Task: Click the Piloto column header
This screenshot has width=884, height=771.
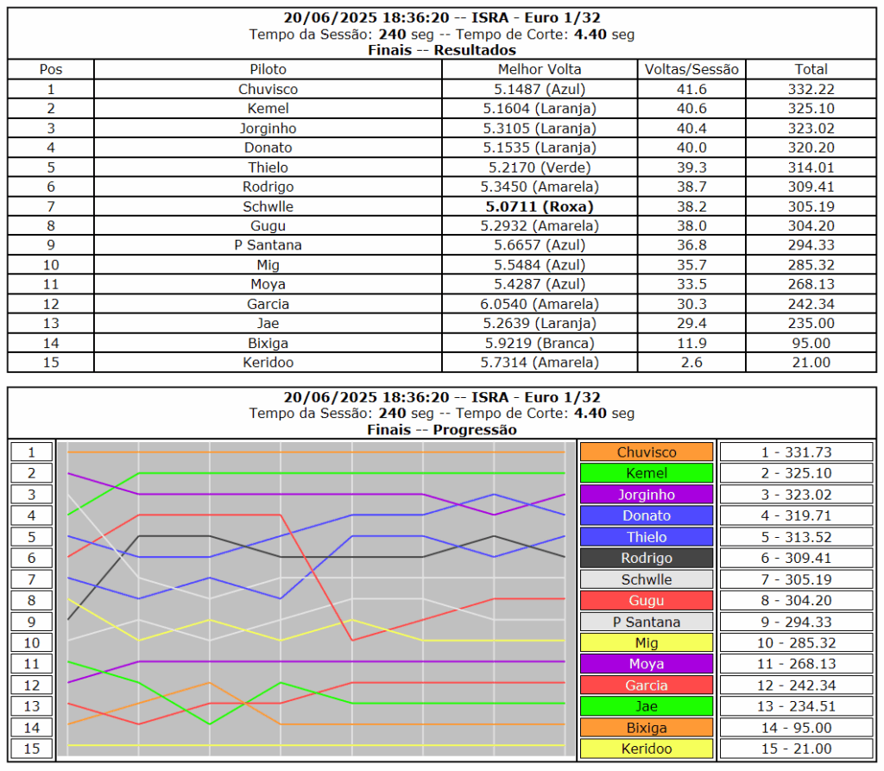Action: click(x=268, y=69)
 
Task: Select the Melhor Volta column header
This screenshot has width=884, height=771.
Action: click(x=540, y=69)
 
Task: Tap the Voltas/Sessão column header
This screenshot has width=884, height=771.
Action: click(x=692, y=69)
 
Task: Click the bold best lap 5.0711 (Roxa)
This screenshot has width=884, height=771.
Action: click(x=540, y=206)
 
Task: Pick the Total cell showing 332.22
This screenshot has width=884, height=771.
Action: click(x=811, y=89)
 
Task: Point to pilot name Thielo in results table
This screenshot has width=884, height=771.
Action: click(x=268, y=167)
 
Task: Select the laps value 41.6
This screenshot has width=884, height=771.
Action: click(x=692, y=89)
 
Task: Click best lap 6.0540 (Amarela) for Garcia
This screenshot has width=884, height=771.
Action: click(x=540, y=304)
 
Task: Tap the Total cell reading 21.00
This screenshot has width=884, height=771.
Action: click(x=811, y=363)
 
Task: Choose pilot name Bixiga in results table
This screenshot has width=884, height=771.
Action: click(x=268, y=343)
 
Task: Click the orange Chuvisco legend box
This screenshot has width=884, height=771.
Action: click(x=647, y=452)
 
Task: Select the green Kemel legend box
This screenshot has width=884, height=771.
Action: click(x=647, y=473)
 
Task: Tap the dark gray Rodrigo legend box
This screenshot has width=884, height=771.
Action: click(x=647, y=558)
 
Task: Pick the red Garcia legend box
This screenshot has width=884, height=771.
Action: click(x=647, y=686)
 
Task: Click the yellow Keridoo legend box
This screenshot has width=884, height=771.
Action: click(x=647, y=749)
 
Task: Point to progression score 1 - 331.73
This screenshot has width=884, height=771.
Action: click(x=796, y=452)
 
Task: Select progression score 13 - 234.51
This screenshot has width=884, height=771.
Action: click(x=796, y=707)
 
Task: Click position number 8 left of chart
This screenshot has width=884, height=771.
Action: click(x=32, y=600)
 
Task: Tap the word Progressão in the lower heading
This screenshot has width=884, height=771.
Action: click(x=475, y=430)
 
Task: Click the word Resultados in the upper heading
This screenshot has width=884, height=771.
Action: click(x=475, y=50)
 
